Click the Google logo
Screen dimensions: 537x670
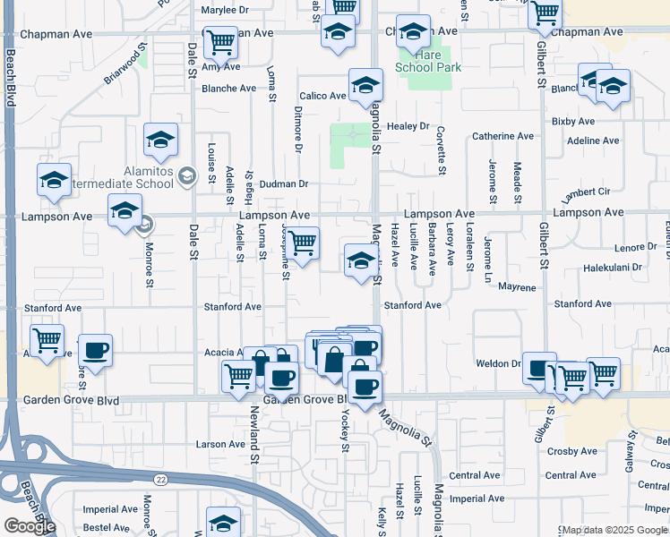coord(30,526)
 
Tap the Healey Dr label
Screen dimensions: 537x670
coord(408,127)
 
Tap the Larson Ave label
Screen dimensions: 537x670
coord(220,444)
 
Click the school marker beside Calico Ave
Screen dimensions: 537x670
coord(365,86)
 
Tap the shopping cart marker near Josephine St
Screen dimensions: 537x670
coord(303,243)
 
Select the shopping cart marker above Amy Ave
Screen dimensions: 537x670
coord(220,41)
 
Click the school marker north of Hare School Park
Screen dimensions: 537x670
coord(413,33)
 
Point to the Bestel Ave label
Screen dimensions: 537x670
coord(107,528)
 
